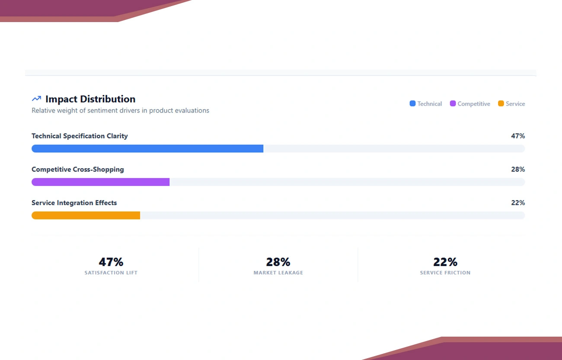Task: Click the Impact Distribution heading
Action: (x=90, y=99)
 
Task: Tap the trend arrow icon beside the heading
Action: (x=36, y=99)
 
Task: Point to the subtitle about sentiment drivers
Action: (x=120, y=111)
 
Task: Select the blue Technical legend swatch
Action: (x=412, y=103)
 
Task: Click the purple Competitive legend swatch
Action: (x=453, y=103)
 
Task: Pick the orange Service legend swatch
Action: (x=501, y=103)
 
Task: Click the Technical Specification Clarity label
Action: (x=80, y=136)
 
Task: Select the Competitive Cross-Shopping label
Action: (x=78, y=169)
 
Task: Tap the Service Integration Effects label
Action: (x=74, y=202)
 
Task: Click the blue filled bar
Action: (x=147, y=148)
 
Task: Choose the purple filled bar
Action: (x=100, y=182)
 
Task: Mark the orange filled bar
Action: (x=86, y=215)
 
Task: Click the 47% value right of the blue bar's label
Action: (x=517, y=136)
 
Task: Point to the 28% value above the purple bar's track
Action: (x=517, y=169)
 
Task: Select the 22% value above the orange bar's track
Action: (x=517, y=202)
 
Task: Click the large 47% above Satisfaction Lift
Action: (x=111, y=262)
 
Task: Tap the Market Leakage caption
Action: (x=278, y=273)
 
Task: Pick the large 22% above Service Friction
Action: (x=445, y=262)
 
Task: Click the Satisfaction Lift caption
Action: (x=111, y=273)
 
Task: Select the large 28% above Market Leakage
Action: (x=278, y=262)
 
